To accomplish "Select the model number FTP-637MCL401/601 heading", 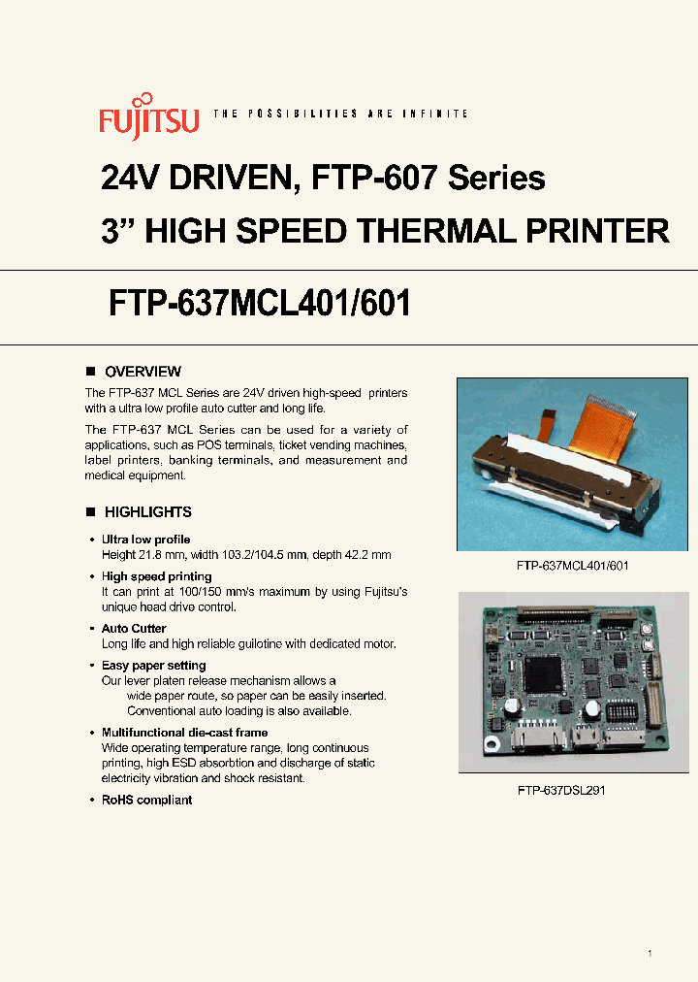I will click(257, 304).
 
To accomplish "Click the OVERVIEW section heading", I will click(143, 372).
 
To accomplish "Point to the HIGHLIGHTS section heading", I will click(147, 512).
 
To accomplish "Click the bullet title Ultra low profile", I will click(145, 540).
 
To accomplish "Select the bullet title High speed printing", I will click(156, 576).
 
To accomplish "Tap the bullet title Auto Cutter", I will click(134, 629).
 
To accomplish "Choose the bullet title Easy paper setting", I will click(153, 666).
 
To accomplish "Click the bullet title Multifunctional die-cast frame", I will click(184, 733).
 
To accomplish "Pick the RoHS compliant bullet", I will click(146, 801).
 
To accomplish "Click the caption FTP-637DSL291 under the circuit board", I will click(561, 791).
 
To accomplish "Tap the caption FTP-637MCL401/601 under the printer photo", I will click(573, 565).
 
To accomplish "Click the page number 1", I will click(650, 954).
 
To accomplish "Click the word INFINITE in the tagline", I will click(442, 115).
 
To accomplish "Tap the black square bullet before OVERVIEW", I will click(90, 372).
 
